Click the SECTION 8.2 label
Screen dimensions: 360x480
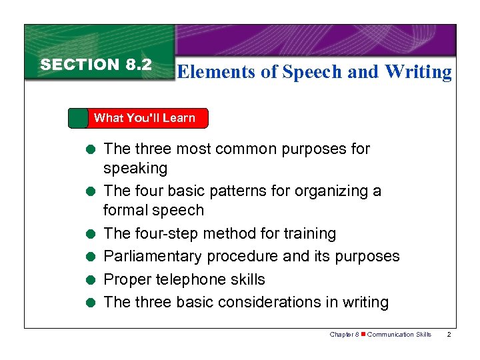pyautogui.click(x=96, y=65)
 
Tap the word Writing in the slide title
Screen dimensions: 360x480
pyautogui.click(x=419, y=72)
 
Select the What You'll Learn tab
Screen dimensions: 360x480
pyautogui.click(x=144, y=118)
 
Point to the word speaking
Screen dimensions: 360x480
pyautogui.click(x=135, y=168)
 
